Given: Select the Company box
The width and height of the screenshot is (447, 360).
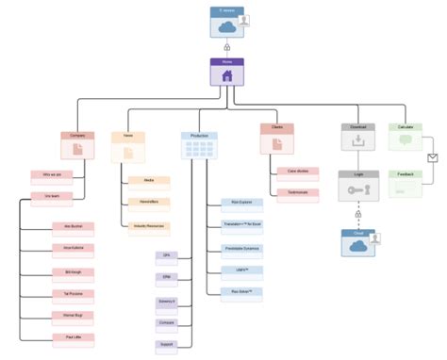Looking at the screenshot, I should (x=77, y=144).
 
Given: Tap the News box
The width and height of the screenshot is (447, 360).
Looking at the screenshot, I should (x=128, y=144).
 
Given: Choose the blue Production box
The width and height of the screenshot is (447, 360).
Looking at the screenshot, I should (x=199, y=144).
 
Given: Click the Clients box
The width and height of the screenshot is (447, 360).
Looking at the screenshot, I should (x=277, y=139).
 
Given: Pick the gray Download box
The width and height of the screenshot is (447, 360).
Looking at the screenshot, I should (x=358, y=138).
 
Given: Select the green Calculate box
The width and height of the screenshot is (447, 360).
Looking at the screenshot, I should (x=406, y=138).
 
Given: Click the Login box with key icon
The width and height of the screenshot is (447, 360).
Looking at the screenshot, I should (x=358, y=186).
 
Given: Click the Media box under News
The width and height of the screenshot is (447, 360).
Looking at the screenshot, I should (x=150, y=180).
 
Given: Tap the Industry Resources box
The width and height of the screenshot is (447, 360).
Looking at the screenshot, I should (x=150, y=226).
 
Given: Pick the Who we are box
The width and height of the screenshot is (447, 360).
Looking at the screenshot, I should (x=52, y=174).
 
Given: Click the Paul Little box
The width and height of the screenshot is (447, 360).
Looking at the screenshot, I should (x=73, y=336).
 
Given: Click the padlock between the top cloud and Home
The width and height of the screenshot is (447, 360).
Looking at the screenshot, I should (x=226, y=44).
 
